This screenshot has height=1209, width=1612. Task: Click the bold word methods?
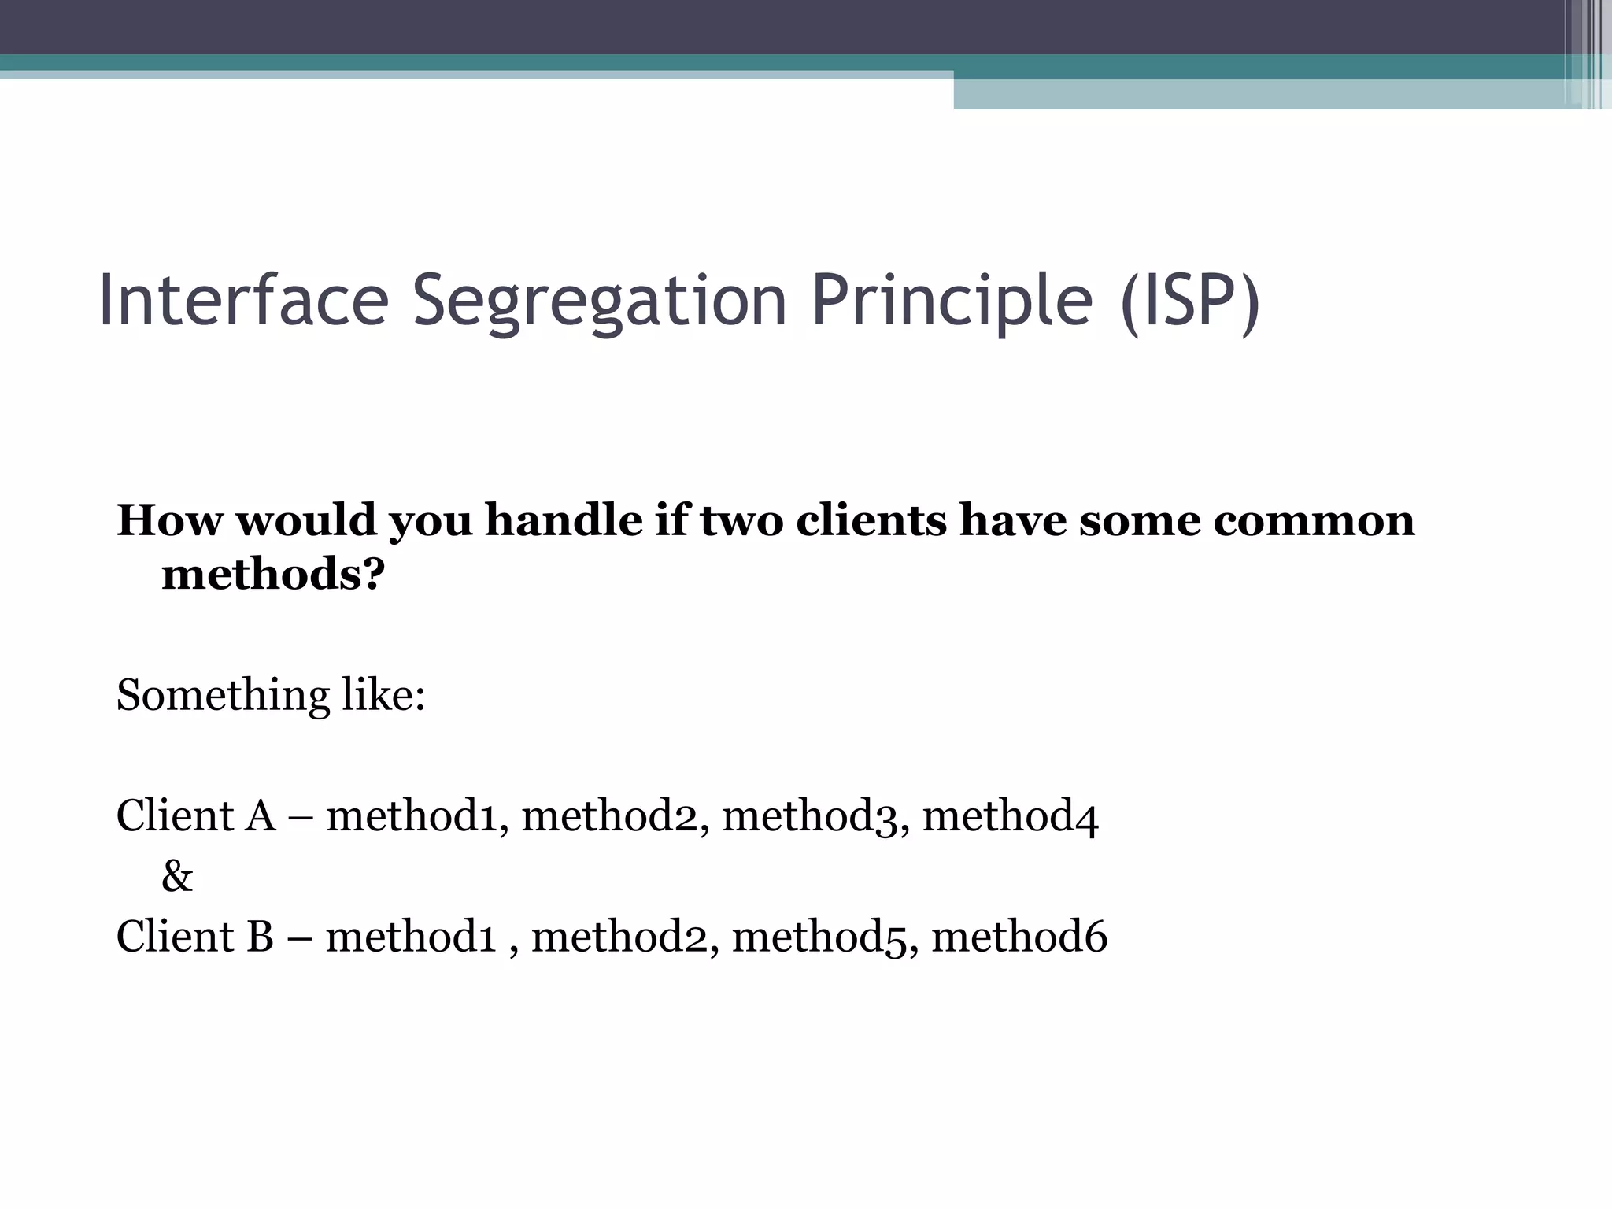[273, 575]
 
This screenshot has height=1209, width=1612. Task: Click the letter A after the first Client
[261, 816]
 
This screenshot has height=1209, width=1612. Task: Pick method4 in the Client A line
[1011, 816]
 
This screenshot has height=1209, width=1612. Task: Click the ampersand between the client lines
[177, 877]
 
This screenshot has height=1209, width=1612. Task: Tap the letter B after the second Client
[260, 937]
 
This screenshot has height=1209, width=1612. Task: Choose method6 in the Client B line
[1019, 937]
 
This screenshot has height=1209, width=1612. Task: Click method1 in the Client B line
[412, 937]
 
